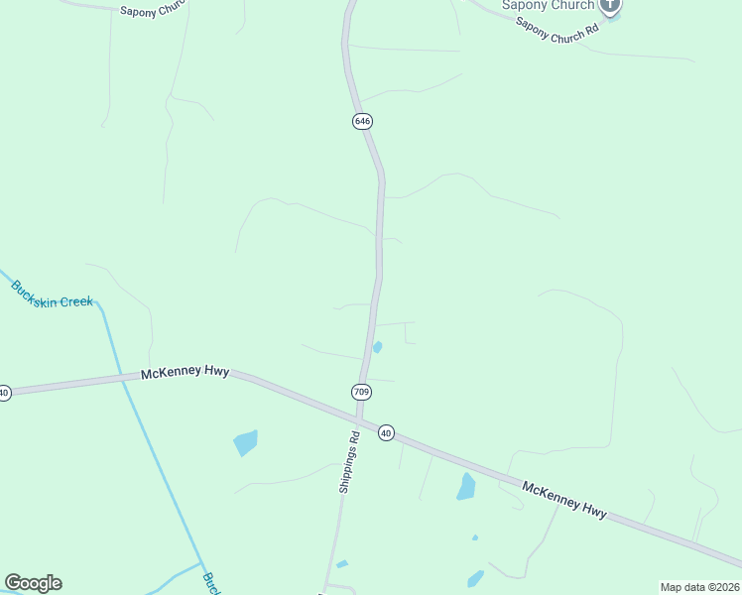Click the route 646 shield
362,121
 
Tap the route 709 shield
361,392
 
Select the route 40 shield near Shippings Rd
386,432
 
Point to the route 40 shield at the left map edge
4,393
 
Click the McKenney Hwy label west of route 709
185,373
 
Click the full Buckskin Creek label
53,295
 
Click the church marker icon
610,5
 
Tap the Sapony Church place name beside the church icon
548,5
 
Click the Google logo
33,583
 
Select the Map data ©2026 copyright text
699,587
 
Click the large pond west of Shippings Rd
246,442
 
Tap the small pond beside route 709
377,347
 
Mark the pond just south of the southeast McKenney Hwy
465,486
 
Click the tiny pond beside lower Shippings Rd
342,564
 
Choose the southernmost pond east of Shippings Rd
475,578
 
